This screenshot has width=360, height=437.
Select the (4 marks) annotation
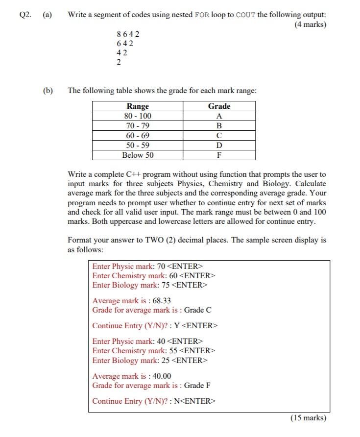click(310, 24)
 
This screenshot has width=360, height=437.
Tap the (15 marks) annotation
click(308, 418)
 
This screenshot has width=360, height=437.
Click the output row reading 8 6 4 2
click(128, 34)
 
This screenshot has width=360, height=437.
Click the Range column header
click(138, 106)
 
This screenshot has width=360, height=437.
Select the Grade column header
click(219, 106)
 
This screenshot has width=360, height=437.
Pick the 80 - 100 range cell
click(138, 116)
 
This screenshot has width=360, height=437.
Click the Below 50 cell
click(138, 155)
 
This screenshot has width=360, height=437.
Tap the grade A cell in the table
click(219, 116)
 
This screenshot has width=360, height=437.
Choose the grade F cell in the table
click(219, 155)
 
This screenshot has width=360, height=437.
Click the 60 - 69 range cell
click(138, 135)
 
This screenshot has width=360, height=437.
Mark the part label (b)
click(48, 91)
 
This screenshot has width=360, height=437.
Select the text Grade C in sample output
click(197, 310)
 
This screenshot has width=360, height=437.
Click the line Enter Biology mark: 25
click(150, 360)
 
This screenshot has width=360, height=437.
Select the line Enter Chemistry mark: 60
click(154, 275)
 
